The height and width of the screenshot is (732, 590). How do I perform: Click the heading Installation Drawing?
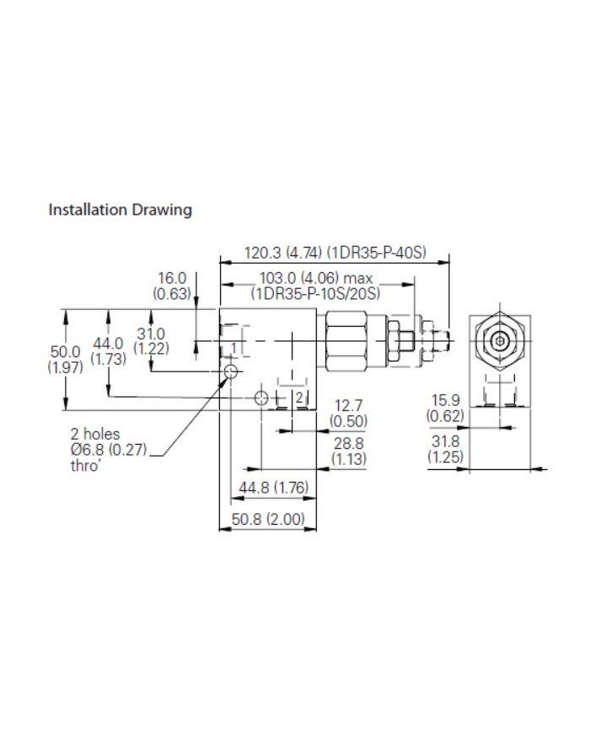(120, 209)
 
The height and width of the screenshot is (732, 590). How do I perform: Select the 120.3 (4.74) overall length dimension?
(335, 252)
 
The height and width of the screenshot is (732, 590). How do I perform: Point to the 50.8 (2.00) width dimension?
(268, 520)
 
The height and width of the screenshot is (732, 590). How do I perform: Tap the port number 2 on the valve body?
(298, 398)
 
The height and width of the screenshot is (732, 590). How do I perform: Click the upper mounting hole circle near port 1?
(232, 371)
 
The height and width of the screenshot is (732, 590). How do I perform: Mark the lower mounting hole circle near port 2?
(262, 398)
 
